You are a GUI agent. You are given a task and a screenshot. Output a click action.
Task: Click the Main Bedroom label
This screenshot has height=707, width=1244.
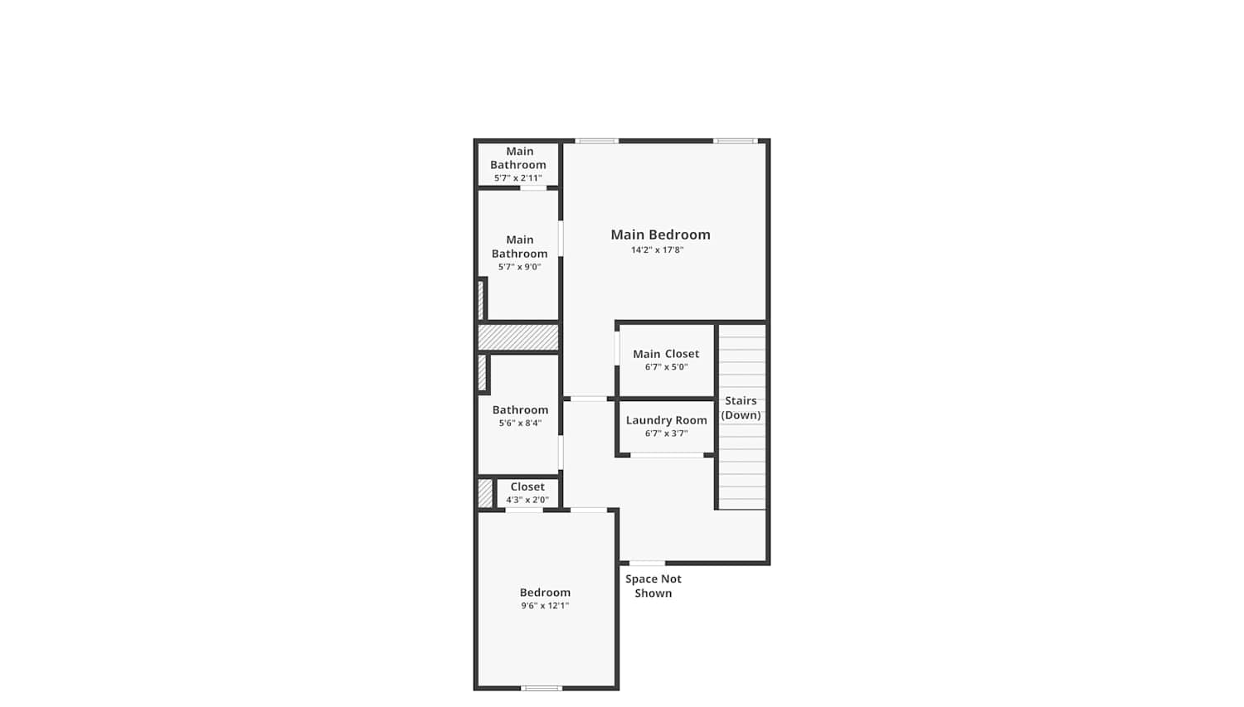point(660,235)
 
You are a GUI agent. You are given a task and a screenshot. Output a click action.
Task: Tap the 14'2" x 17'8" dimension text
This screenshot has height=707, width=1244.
point(657,249)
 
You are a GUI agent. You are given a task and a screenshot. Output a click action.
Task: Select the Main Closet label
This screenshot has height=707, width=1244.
point(666,353)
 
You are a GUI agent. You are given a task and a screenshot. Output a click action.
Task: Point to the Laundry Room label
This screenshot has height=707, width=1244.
point(667,420)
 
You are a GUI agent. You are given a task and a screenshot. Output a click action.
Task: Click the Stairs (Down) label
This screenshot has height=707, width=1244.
point(741,408)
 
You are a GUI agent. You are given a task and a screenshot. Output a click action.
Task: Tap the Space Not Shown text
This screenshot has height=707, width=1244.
point(654,586)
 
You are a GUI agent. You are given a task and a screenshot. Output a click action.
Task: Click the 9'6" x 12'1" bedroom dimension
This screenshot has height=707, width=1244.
point(545,605)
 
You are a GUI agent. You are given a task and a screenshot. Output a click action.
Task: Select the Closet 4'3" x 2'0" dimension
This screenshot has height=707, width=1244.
point(527,500)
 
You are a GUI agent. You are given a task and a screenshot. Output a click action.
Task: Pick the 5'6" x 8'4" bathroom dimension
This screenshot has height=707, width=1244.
point(520,423)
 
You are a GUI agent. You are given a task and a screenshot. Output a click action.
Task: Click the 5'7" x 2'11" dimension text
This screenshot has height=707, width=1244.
point(518,178)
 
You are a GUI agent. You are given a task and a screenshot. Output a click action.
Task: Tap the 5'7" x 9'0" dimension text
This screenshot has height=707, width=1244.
point(519,267)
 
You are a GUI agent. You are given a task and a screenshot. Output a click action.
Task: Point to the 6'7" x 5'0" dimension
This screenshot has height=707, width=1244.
point(667,367)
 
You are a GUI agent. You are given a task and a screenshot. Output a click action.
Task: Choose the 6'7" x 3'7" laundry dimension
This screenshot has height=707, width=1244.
point(667,433)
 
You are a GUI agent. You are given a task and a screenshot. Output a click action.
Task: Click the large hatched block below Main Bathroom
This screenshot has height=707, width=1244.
point(518,337)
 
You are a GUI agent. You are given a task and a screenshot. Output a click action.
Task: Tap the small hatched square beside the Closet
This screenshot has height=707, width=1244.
point(485,493)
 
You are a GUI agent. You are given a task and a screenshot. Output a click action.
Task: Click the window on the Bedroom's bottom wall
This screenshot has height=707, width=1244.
point(542,688)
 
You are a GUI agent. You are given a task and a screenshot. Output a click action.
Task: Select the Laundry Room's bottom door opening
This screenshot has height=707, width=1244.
point(667,455)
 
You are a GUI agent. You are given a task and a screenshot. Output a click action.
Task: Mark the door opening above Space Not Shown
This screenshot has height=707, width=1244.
point(647,564)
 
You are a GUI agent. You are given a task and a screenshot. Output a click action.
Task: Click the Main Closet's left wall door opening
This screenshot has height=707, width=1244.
point(617,348)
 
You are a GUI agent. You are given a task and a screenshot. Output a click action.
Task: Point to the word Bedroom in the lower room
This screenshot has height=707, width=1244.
point(545,592)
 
